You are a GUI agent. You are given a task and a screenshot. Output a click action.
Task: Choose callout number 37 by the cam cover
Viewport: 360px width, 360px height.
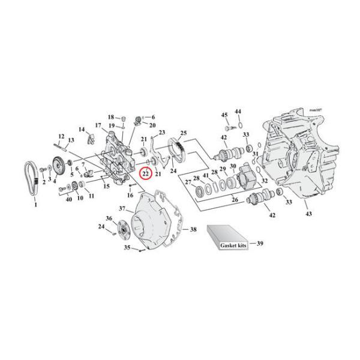click(x=122, y=209)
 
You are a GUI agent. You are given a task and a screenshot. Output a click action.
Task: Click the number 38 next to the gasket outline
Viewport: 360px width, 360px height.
click(x=193, y=229)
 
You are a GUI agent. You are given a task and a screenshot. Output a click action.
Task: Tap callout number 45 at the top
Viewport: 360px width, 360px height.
click(x=224, y=115)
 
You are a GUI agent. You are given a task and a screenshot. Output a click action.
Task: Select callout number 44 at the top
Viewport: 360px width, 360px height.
click(x=238, y=112)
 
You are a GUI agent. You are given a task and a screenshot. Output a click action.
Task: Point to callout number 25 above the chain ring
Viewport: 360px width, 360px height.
click(x=184, y=133)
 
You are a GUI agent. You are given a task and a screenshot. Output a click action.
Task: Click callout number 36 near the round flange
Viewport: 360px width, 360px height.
click(x=109, y=218)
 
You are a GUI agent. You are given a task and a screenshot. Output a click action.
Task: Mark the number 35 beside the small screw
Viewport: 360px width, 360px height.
click(x=127, y=247)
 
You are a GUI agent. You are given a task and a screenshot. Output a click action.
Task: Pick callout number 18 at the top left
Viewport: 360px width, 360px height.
click(x=110, y=116)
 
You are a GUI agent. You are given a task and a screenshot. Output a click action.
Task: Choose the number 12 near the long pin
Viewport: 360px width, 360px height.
click(x=62, y=136)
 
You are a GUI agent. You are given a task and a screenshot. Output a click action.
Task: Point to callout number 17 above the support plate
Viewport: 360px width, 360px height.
click(x=97, y=125)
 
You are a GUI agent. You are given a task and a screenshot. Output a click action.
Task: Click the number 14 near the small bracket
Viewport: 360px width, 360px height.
click(x=82, y=130)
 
